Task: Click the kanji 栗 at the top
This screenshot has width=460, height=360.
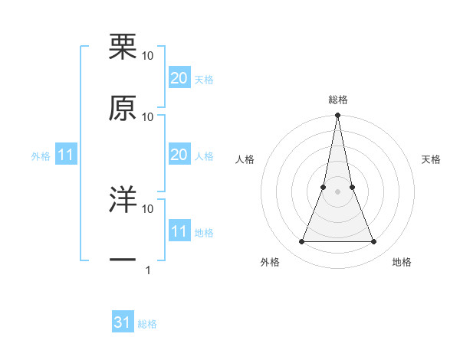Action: (123, 47)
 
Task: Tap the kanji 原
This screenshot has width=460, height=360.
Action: (123, 109)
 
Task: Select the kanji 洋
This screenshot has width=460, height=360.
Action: (123, 201)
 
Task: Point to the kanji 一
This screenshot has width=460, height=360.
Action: (123, 261)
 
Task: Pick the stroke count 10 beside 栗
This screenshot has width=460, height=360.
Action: (148, 55)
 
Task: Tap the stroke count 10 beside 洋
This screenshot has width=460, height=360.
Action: (148, 208)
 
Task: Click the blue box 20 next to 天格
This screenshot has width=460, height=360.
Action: (179, 78)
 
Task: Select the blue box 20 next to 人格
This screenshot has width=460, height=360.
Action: (179, 155)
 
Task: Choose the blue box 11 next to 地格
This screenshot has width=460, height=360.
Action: (179, 231)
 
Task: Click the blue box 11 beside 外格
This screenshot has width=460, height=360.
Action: (66, 155)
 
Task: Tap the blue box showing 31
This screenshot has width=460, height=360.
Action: (123, 322)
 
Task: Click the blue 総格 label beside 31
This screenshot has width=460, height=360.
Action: (147, 324)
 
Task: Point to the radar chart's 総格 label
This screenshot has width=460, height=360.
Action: (338, 100)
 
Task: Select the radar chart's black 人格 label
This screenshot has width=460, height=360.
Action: (245, 159)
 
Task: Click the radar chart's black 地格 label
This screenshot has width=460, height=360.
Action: (402, 262)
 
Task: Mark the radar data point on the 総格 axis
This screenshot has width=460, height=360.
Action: (338, 116)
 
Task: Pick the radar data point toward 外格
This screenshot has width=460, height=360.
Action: (301, 242)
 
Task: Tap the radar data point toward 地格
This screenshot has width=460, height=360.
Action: (374, 242)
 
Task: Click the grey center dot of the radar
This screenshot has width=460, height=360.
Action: (338, 192)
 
